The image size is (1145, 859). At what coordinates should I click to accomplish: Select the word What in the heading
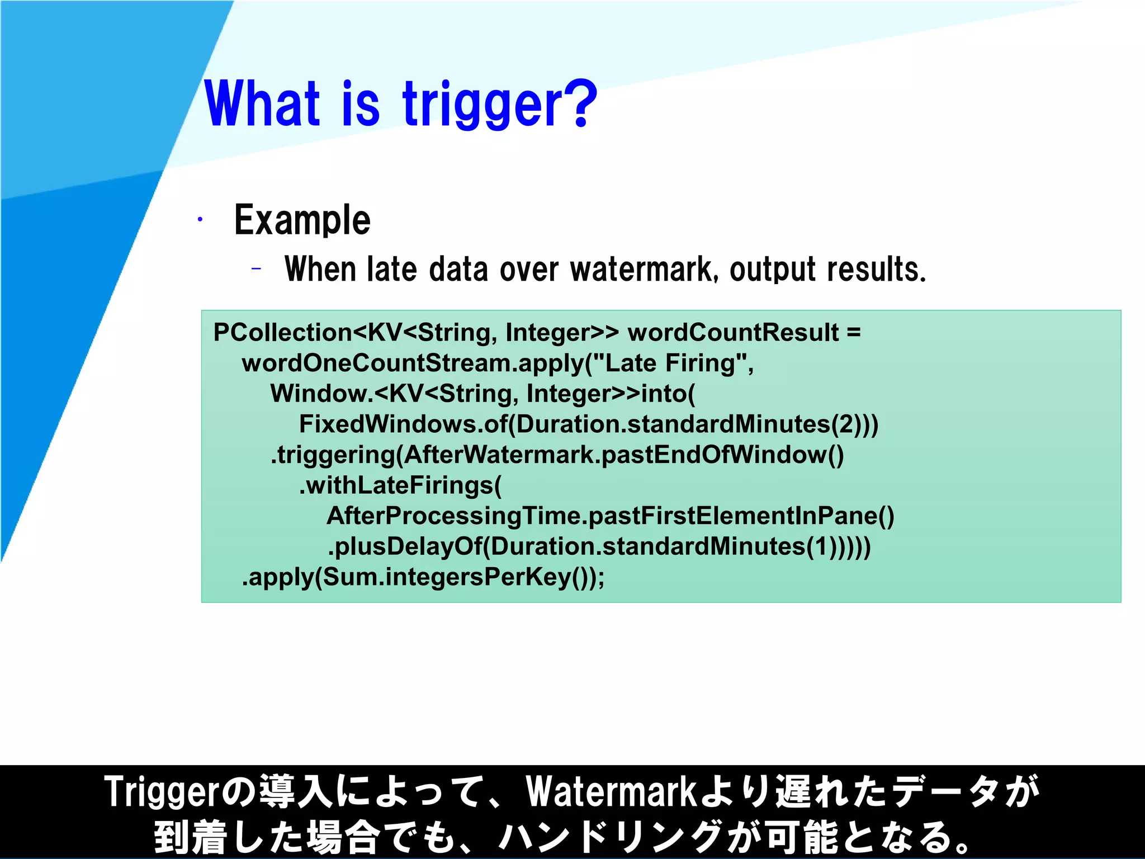click(x=263, y=103)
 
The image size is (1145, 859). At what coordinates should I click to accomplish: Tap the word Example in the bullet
click(x=302, y=220)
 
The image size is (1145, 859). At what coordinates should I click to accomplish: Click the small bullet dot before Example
click(x=200, y=220)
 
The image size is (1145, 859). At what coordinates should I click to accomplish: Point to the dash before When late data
click(x=256, y=269)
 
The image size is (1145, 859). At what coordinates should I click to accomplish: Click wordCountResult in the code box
click(x=732, y=333)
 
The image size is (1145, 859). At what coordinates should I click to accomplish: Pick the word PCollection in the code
click(x=282, y=333)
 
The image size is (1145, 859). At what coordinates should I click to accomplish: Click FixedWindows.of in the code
click(x=403, y=424)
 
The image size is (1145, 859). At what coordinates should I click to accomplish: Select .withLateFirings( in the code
click(x=400, y=485)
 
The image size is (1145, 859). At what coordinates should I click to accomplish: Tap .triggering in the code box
click(x=333, y=455)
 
